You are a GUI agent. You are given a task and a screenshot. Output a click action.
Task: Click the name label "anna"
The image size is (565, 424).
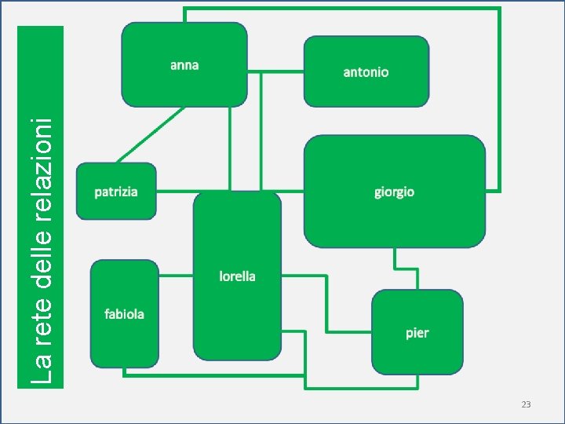point(184,65)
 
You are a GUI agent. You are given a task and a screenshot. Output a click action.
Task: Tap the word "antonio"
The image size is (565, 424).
point(366,72)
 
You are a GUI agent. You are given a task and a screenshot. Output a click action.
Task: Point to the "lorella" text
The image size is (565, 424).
point(237,276)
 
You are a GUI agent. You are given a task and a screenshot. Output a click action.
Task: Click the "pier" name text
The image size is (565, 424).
point(417,333)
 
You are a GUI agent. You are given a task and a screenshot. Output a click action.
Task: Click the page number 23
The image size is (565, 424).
point(526,404)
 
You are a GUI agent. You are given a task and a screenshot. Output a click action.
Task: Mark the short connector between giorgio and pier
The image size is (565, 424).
point(396,269)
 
